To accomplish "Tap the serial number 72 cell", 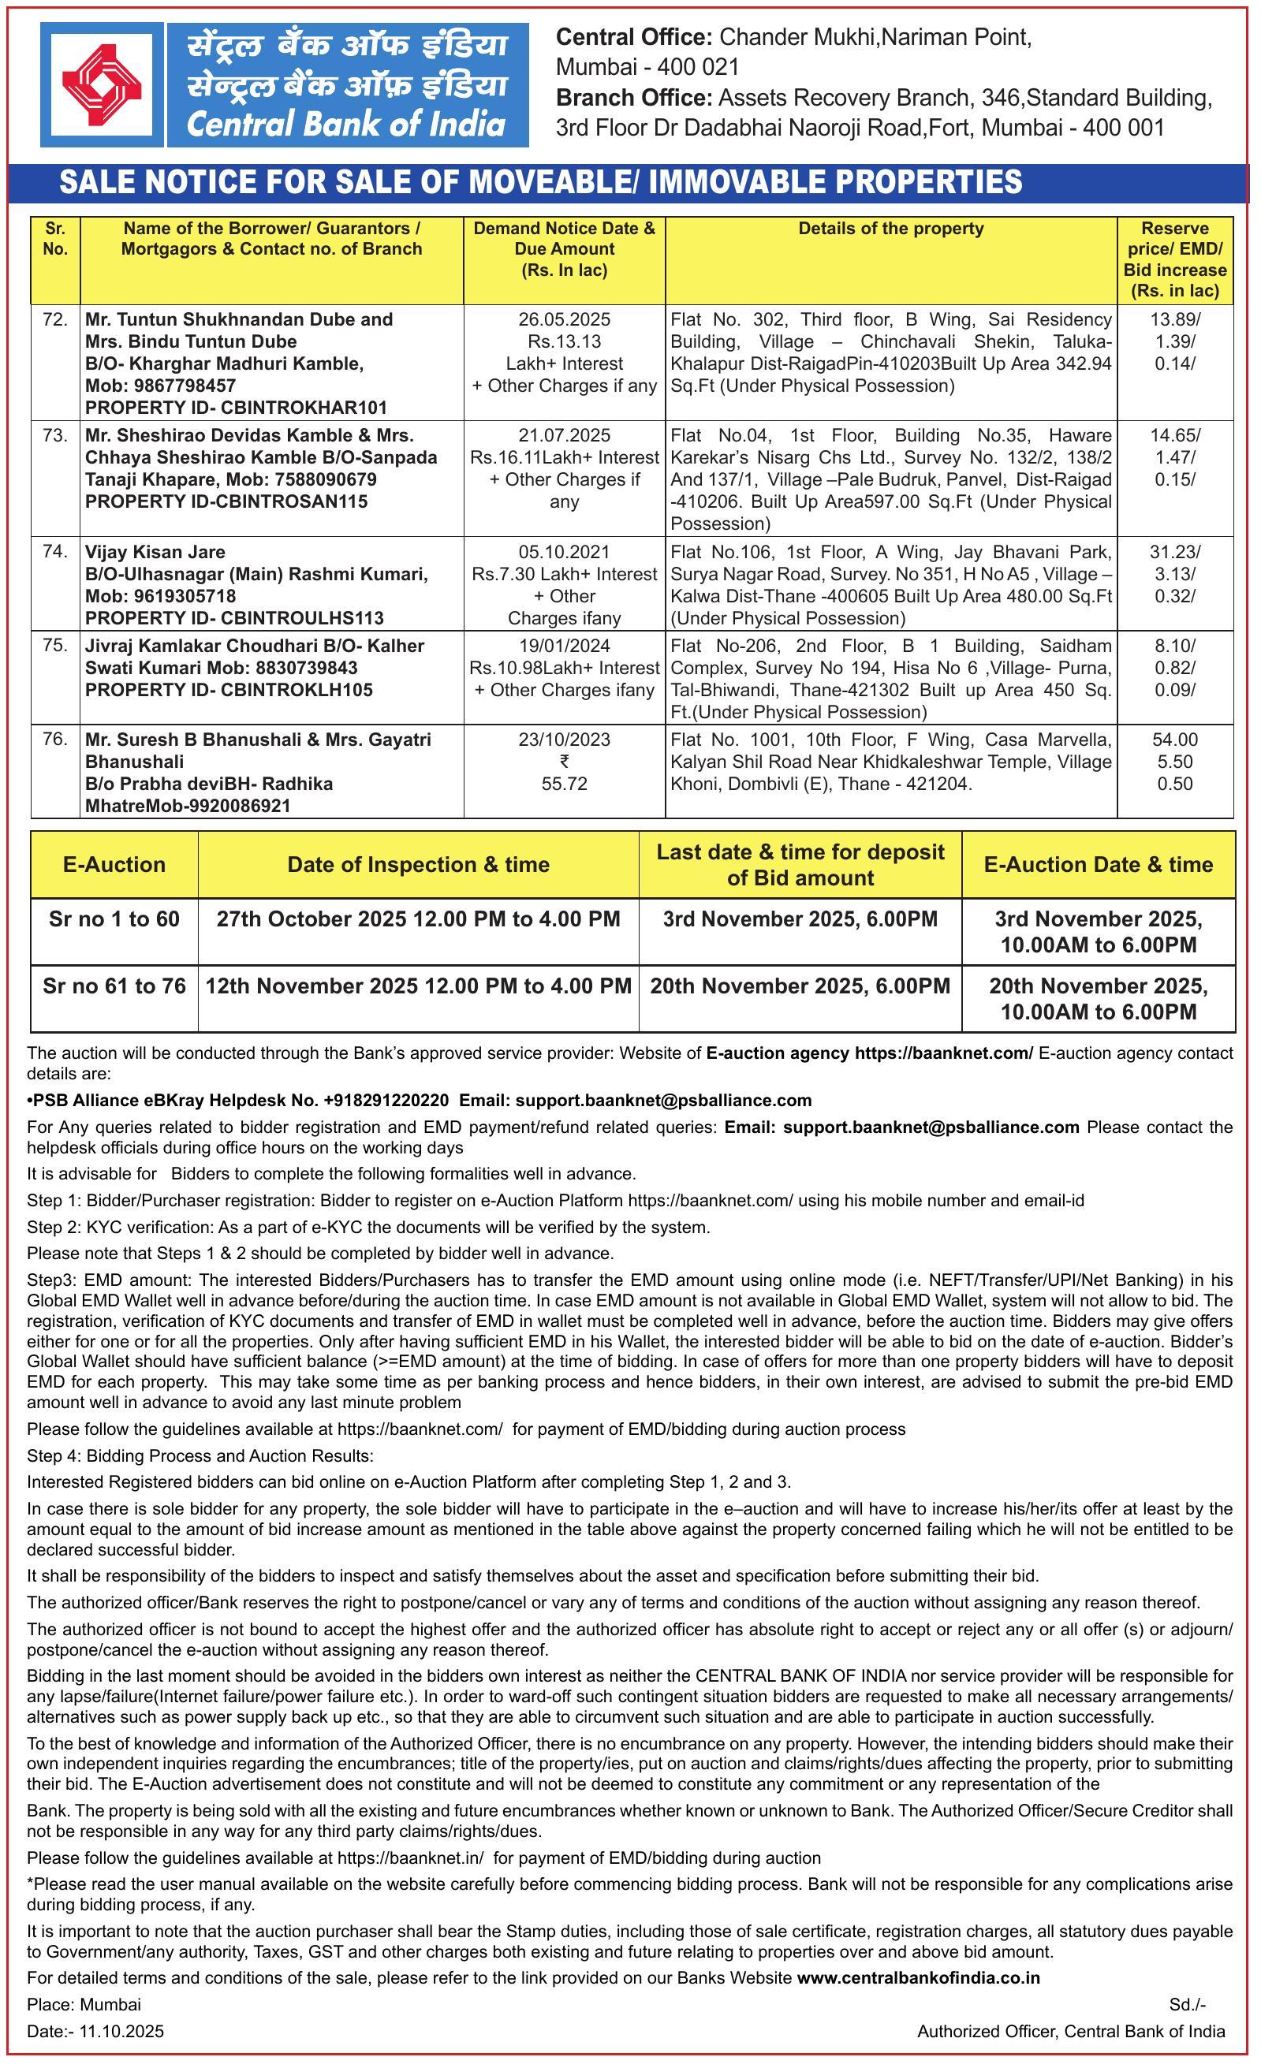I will [54, 320].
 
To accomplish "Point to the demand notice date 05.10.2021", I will [564, 552].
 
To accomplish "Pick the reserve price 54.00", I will [1174, 740].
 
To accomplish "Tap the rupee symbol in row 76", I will [564, 762].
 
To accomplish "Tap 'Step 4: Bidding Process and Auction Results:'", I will [200, 1455].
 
